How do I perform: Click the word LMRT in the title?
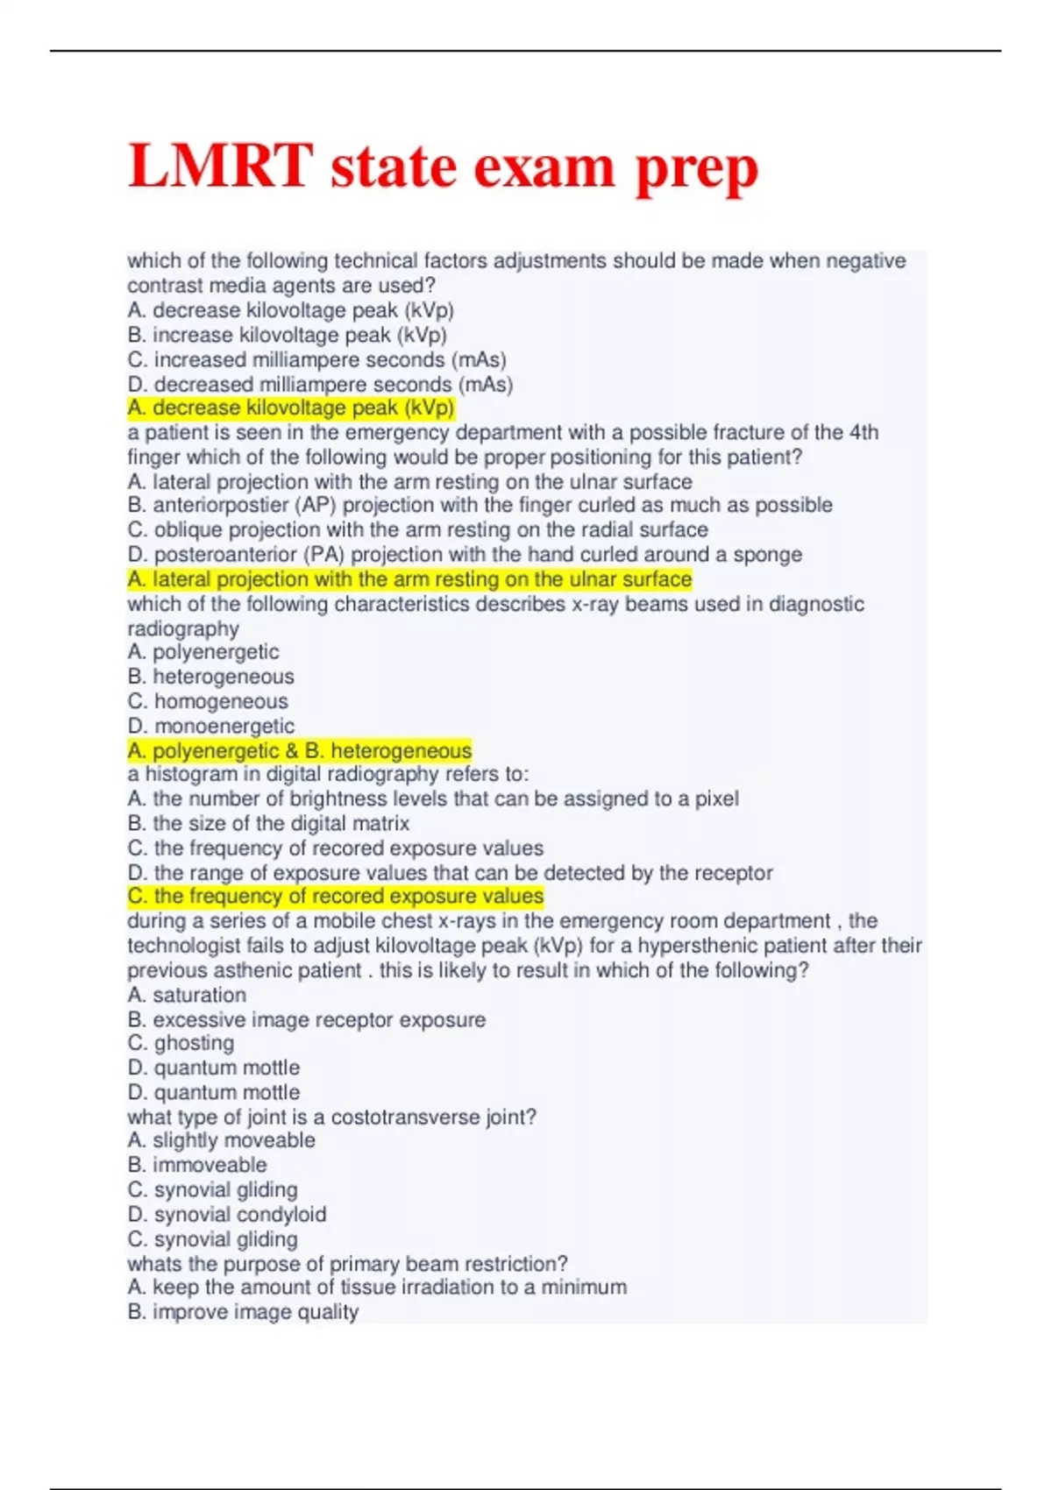[220, 166]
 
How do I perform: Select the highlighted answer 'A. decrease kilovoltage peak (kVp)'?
[290, 408]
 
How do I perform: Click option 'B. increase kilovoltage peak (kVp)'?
[287, 335]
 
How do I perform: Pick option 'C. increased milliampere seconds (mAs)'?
[316, 359]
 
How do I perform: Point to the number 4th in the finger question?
[863, 432]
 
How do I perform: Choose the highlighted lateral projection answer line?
[409, 579]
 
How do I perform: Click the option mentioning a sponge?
[465, 554]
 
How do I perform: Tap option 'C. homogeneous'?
[208, 701]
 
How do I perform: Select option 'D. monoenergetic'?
[211, 726]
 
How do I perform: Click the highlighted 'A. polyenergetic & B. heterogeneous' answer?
[299, 750]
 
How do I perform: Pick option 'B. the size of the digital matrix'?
[268, 823]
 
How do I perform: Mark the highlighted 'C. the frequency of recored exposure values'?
[335, 896]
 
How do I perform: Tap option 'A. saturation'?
[187, 995]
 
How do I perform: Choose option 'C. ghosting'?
[181, 1043]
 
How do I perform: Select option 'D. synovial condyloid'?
[227, 1214]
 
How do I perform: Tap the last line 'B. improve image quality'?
[243, 1312]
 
